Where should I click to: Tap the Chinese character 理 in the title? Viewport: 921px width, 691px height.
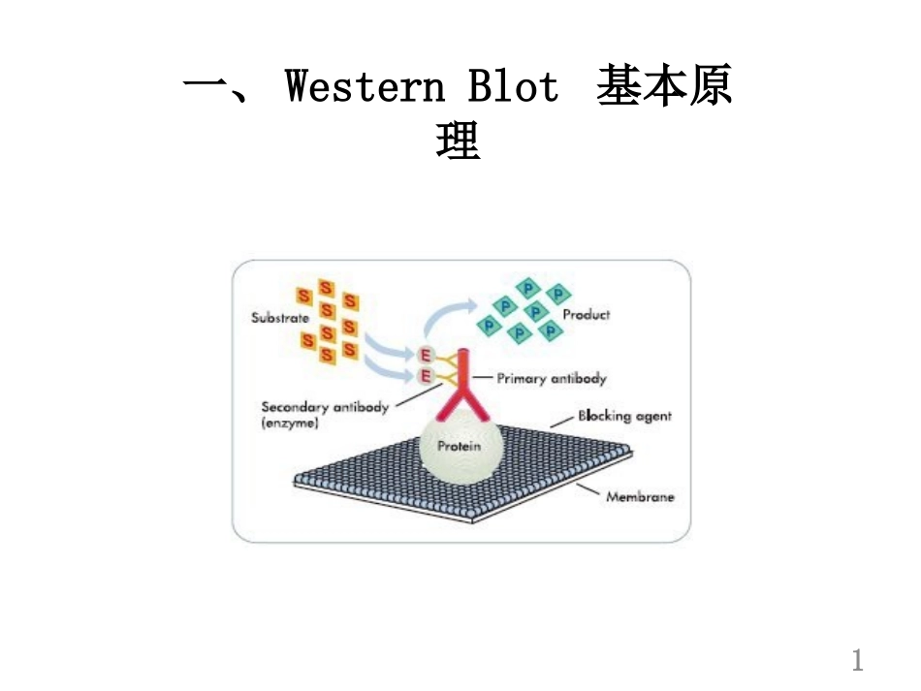click(459, 142)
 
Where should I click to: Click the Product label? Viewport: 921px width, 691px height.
click(587, 315)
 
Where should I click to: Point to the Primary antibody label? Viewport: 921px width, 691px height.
click(552, 379)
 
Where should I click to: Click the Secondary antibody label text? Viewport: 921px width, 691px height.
click(325, 407)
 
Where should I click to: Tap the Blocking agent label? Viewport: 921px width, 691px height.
click(624, 416)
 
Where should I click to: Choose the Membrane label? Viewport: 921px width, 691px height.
click(640, 497)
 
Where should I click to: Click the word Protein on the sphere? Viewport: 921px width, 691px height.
click(459, 447)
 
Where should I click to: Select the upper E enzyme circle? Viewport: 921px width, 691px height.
click(425, 355)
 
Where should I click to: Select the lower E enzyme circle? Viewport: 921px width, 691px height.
click(425, 376)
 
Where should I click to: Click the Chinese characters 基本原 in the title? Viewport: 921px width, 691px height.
click(664, 87)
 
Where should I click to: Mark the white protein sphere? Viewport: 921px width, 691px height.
click(459, 455)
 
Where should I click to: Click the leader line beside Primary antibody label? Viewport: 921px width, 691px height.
click(485, 379)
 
